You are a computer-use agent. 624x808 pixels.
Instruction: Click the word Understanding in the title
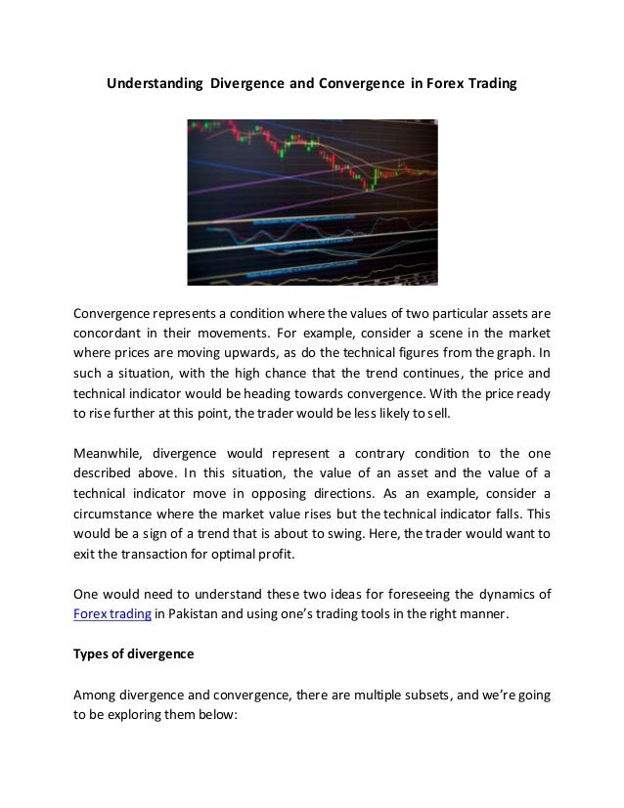tap(154, 85)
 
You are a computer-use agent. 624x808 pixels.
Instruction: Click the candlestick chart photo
tap(312, 202)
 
